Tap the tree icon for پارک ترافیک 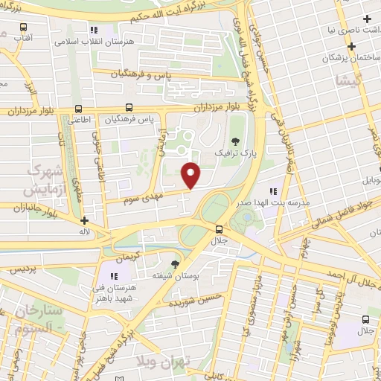pos(236,141)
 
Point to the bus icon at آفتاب pos(22,34)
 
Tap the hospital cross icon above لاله pos(85,220)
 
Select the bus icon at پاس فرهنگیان pos(129,107)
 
